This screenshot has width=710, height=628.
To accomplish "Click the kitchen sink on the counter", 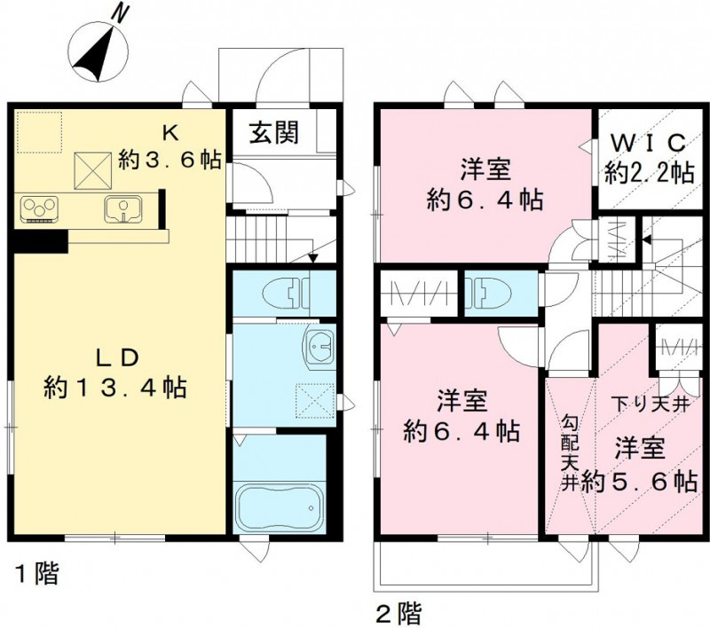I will click(x=121, y=209).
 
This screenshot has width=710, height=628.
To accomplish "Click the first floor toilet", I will click(x=288, y=290).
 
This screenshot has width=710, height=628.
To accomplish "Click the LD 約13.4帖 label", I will click(x=116, y=373).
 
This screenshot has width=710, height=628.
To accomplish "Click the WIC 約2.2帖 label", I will click(x=649, y=157).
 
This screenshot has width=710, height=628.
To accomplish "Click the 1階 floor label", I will click(x=36, y=575).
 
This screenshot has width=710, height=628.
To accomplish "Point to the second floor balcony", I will click(x=479, y=565).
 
